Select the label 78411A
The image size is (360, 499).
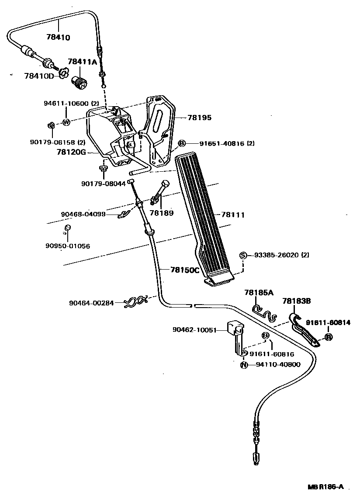(x=82, y=62)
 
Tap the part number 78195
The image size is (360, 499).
(x=200, y=118)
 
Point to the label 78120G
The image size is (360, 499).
(x=71, y=152)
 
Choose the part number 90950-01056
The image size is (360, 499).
(x=67, y=246)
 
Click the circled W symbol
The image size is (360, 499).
(x=66, y=122)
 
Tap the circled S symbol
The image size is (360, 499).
(x=244, y=255)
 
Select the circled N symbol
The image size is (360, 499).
(x=244, y=364)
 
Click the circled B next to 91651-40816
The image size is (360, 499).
(x=182, y=143)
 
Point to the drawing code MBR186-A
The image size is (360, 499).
(x=325, y=487)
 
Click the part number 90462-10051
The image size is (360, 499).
(x=194, y=330)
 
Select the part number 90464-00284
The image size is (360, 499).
(x=91, y=302)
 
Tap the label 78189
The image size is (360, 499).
(x=162, y=213)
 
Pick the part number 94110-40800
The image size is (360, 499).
(x=278, y=364)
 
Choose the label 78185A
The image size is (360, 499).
(x=259, y=292)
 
